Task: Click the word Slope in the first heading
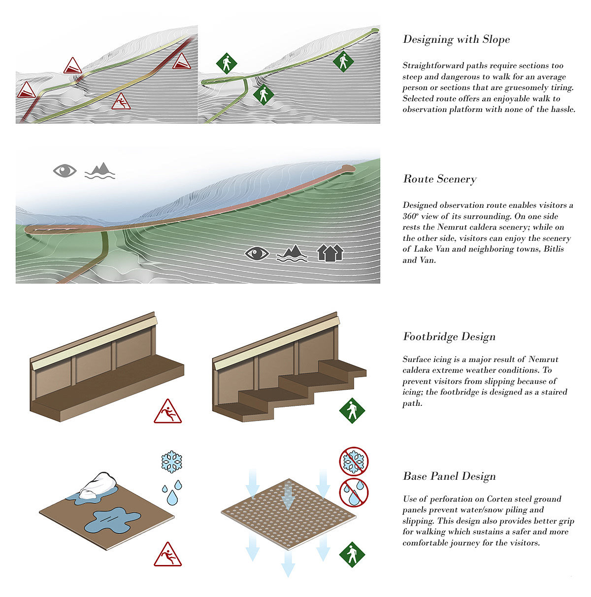click(x=495, y=39)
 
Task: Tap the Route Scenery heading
click(x=439, y=179)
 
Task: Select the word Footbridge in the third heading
click(x=430, y=336)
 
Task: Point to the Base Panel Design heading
click(x=449, y=476)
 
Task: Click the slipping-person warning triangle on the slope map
click(x=121, y=101)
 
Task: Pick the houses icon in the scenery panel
click(x=330, y=253)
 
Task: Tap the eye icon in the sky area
click(x=65, y=170)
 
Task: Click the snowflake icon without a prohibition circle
click(x=171, y=462)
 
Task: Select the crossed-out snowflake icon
click(x=354, y=462)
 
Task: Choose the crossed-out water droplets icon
click(x=354, y=492)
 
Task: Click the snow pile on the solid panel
click(x=98, y=486)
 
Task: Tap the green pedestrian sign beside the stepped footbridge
click(x=352, y=411)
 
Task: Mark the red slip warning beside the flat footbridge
click(x=167, y=412)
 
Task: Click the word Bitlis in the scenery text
click(x=553, y=249)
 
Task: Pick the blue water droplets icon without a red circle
click(x=172, y=492)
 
